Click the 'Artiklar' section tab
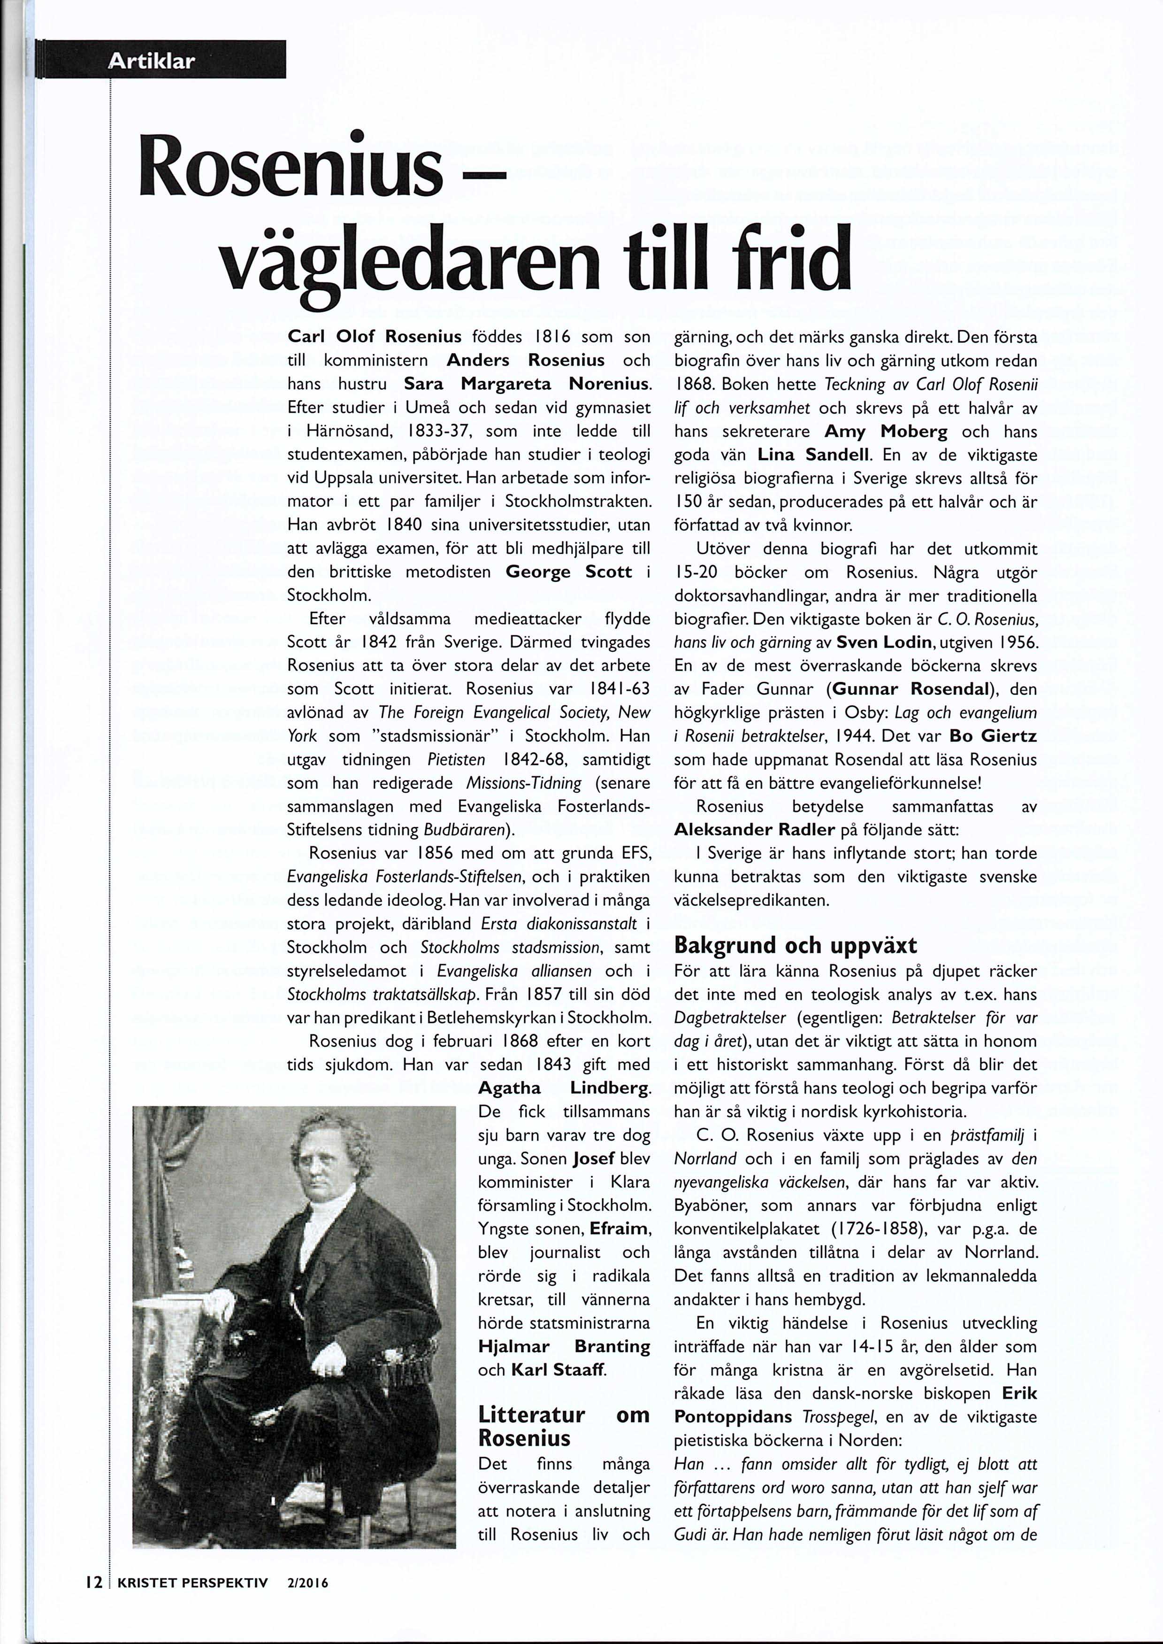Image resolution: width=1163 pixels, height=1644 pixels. tap(150, 62)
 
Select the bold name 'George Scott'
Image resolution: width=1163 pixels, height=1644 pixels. tap(569, 572)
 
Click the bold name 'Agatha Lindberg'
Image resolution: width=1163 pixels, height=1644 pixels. tap(564, 1088)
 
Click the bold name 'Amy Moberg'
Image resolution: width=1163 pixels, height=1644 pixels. tap(886, 432)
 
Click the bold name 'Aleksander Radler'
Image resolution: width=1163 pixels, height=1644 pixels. tap(755, 830)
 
